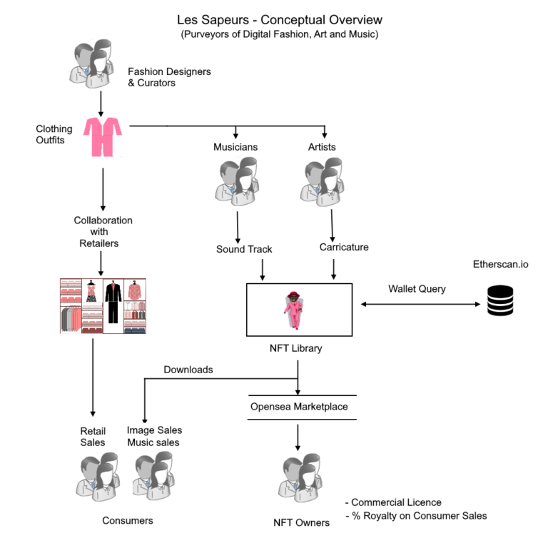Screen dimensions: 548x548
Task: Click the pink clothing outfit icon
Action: (x=103, y=137)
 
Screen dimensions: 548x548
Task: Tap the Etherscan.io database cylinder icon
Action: (x=500, y=300)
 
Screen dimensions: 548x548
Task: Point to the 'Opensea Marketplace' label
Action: (x=299, y=407)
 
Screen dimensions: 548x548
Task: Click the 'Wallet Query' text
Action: (x=417, y=289)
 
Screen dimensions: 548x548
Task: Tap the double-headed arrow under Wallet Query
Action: (x=420, y=304)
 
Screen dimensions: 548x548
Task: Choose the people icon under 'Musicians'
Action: (x=237, y=181)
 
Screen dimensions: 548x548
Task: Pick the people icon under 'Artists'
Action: (x=322, y=182)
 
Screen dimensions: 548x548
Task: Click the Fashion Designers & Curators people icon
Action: (x=91, y=64)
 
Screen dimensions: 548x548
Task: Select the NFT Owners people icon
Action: (x=300, y=477)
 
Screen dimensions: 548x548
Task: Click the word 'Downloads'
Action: (x=188, y=370)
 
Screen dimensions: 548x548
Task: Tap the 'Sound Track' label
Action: (x=244, y=249)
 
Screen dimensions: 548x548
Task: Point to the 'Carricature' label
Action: (x=344, y=247)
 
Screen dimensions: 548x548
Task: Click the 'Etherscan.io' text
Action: (x=500, y=264)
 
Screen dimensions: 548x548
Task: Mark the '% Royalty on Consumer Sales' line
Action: (x=416, y=516)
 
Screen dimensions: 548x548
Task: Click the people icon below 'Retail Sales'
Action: (x=98, y=477)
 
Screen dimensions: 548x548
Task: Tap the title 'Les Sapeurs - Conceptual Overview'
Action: (x=280, y=20)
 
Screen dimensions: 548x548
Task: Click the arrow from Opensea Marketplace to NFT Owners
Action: (x=298, y=437)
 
